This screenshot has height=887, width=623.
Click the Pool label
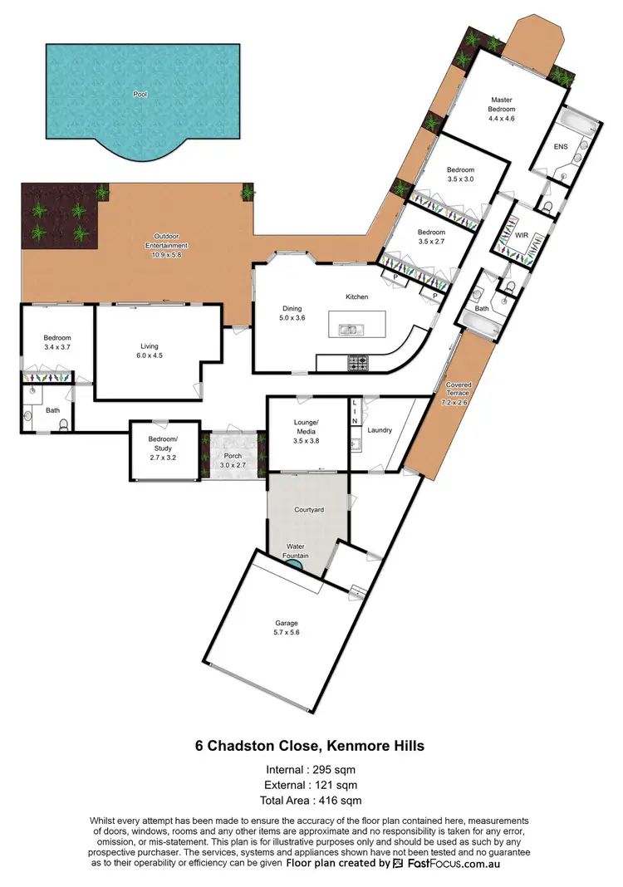pyautogui.click(x=139, y=95)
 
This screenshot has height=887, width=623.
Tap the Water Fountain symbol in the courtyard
pyautogui.click(x=293, y=564)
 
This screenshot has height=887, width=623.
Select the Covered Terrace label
pyautogui.click(x=459, y=390)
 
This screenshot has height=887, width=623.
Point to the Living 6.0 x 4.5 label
pyautogui.click(x=149, y=351)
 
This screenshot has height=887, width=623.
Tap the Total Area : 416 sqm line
pyautogui.click(x=311, y=801)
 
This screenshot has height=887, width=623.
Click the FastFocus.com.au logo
pyautogui.click(x=446, y=864)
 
